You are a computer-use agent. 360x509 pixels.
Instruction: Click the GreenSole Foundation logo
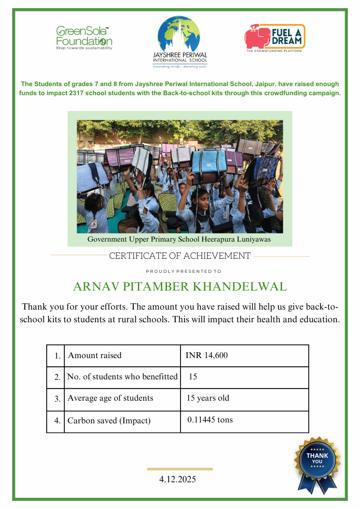tap(84, 38)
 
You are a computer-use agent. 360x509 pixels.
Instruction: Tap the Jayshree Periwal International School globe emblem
tap(180, 34)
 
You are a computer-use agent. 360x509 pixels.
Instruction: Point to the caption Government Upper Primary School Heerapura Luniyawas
tap(179, 239)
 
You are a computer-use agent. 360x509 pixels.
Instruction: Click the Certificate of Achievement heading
tap(180, 256)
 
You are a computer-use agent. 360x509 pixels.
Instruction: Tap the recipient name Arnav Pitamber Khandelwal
tap(180, 286)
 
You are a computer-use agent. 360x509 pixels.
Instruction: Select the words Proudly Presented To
tap(184, 271)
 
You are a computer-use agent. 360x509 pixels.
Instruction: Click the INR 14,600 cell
tap(207, 355)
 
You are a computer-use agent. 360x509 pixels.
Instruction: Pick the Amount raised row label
tap(95, 355)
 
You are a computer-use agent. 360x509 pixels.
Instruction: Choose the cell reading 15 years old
tap(208, 398)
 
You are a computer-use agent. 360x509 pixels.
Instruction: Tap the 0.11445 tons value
tap(210, 420)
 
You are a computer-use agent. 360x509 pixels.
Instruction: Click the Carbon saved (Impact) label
tap(109, 421)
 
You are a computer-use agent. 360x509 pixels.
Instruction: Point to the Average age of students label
tap(110, 398)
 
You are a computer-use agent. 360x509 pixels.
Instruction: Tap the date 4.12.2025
tap(178, 479)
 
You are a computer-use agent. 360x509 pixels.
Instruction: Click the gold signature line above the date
tap(180, 469)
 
